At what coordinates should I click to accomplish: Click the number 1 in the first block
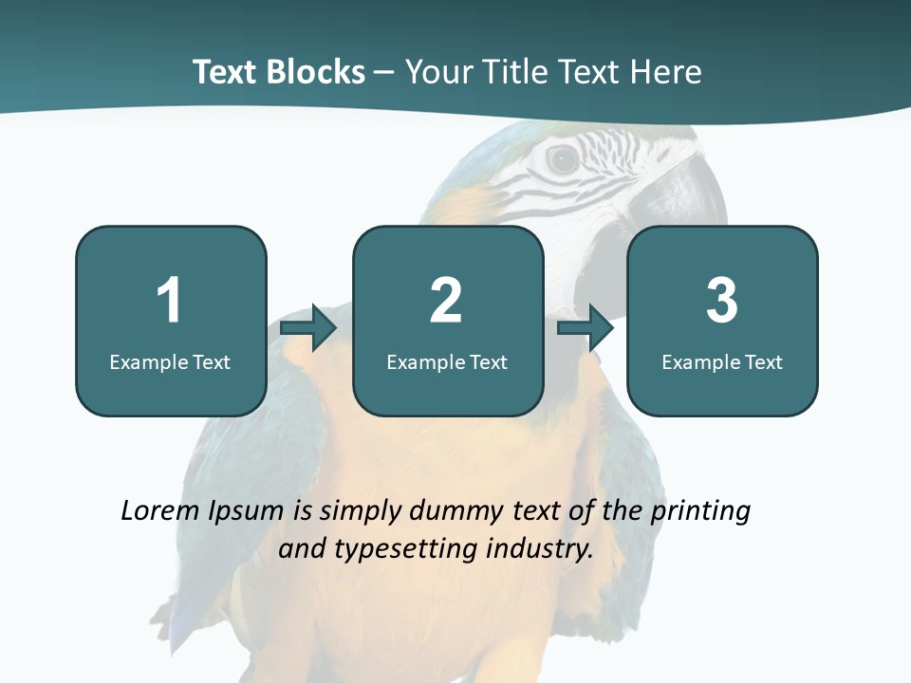pyautogui.click(x=170, y=301)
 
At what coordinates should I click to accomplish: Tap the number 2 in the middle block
pyautogui.click(x=446, y=301)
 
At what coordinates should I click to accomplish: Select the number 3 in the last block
pyautogui.click(x=722, y=301)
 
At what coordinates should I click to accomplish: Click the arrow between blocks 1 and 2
pyautogui.click(x=309, y=328)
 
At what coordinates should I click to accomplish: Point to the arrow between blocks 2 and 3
pyautogui.click(x=586, y=328)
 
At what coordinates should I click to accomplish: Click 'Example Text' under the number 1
pyautogui.click(x=170, y=362)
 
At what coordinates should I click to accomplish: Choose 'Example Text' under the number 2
pyautogui.click(x=447, y=362)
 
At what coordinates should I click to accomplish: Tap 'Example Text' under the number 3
pyautogui.click(x=722, y=362)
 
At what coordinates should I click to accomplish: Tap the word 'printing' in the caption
pyautogui.click(x=700, y=512)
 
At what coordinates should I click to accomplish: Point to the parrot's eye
pyautogui.click(x=563, y=159)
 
